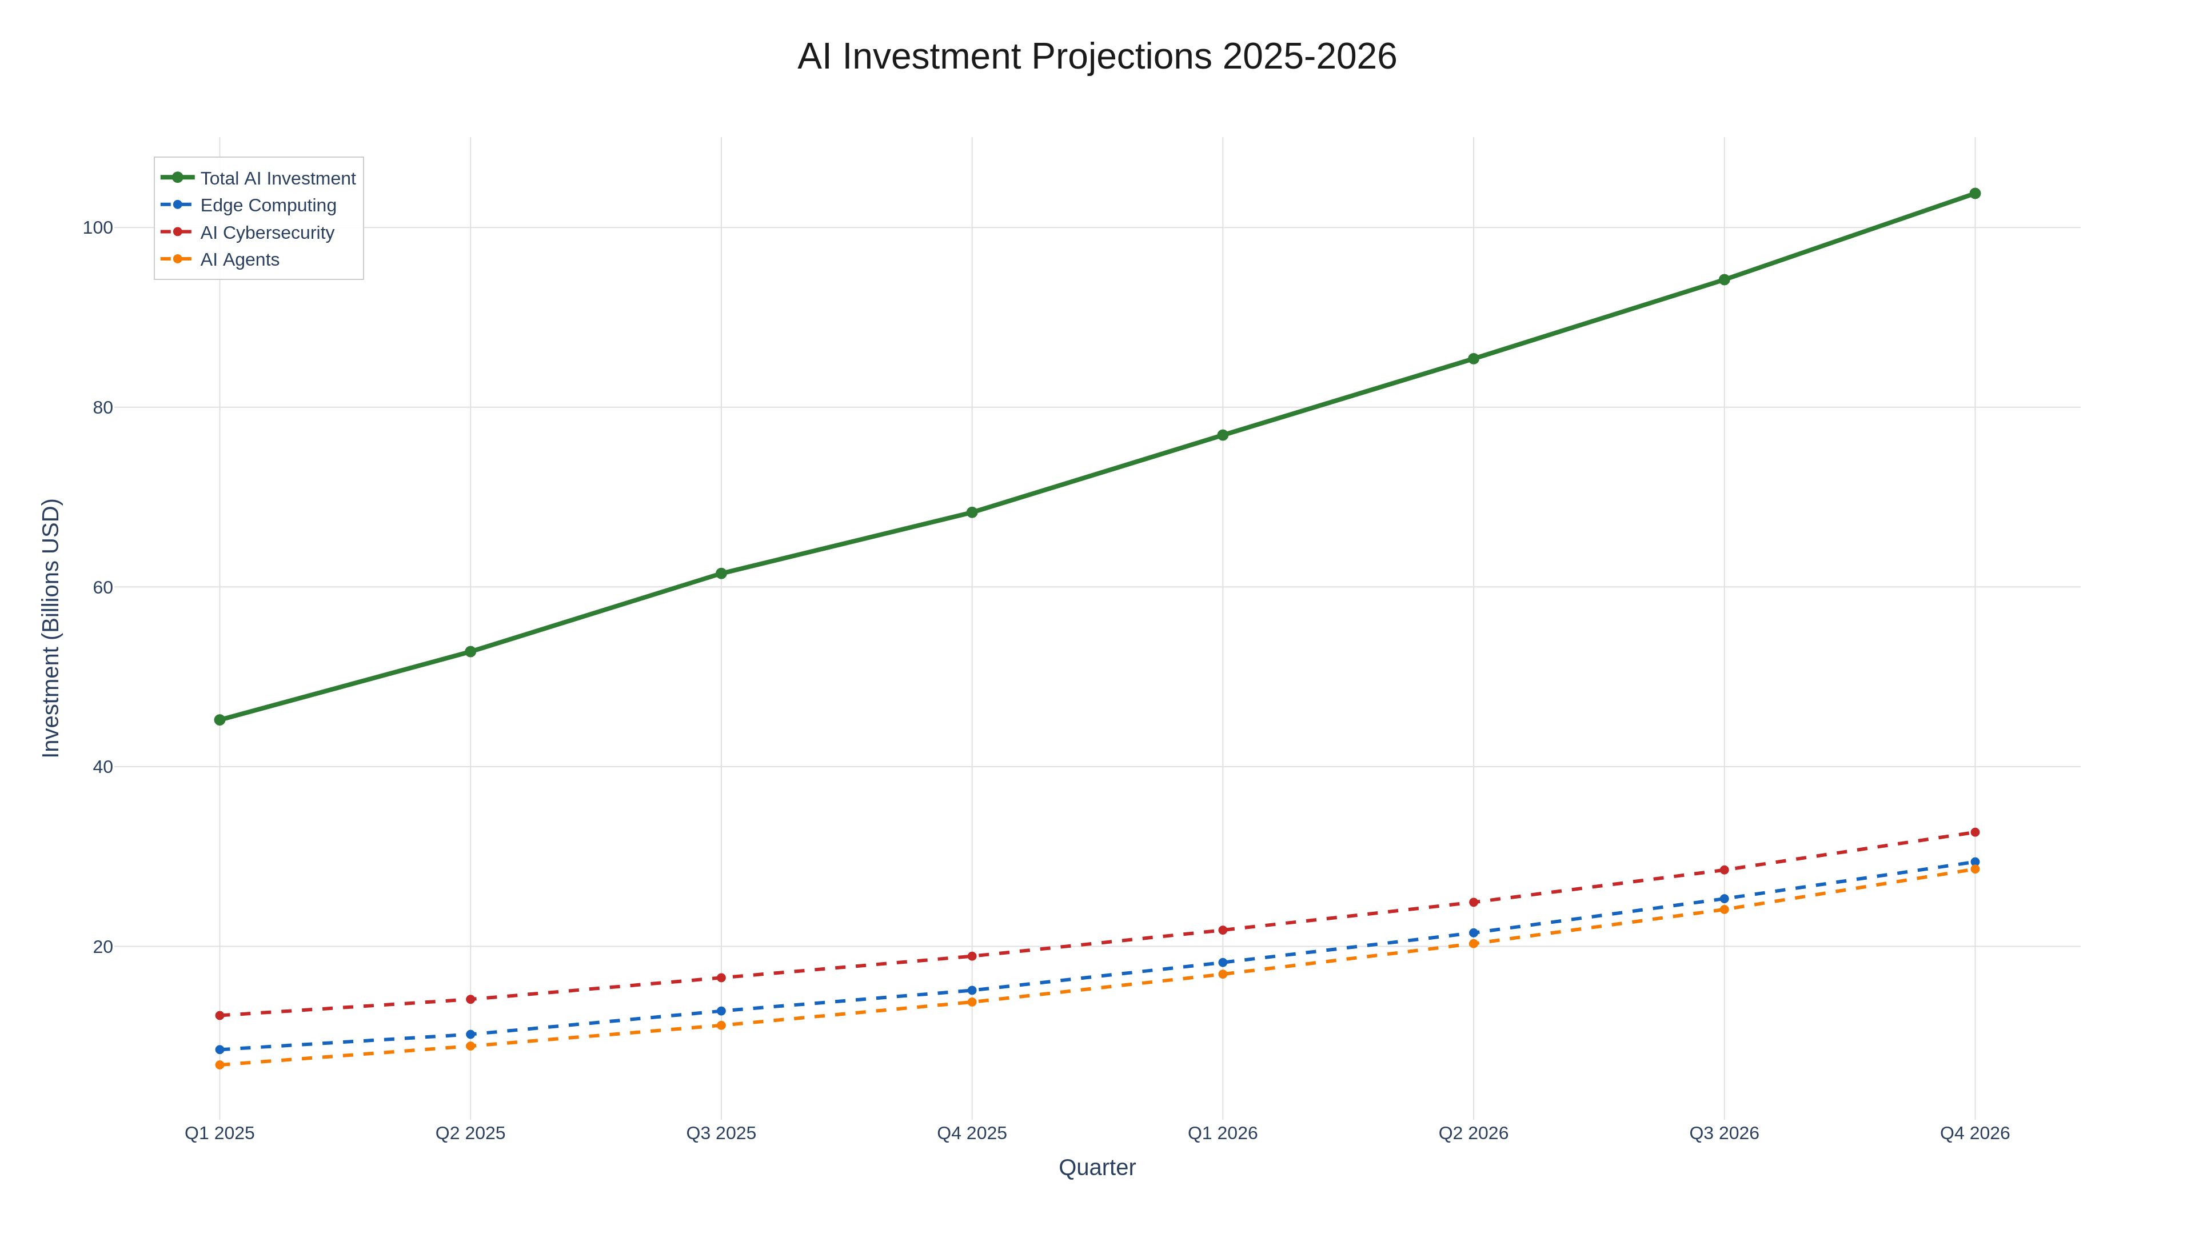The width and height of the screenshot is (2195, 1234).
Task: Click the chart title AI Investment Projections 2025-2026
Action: (1097, 57)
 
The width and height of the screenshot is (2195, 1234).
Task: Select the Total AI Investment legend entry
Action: (278, 178)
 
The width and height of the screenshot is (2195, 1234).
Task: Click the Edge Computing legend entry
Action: (268, 205)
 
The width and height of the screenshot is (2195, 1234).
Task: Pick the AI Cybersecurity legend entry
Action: (267, 233)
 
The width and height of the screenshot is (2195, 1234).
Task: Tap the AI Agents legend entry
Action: (240, 260)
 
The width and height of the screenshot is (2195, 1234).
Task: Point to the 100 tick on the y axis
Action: (97, 227)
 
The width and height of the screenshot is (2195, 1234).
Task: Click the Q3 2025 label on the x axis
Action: (721, 1133)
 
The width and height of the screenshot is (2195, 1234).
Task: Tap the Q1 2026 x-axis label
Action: (1222, 1133)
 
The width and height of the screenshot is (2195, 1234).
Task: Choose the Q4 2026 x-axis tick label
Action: (1974, 1133)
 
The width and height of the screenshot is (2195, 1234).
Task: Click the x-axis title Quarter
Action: (1097, 1168)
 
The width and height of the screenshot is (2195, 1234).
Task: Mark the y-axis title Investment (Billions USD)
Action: (51, 628)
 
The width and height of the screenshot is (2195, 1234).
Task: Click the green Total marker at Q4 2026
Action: (1974, 193)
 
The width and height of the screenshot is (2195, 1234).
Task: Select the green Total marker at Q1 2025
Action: (220, 720)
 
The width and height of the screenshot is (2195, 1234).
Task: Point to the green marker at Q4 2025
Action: (971, 512)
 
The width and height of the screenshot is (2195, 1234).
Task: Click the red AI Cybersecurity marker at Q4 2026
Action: (1974, 832)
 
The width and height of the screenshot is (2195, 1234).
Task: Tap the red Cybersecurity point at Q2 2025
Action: (470, 999)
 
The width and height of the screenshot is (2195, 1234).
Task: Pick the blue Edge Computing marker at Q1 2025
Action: (220, 1049)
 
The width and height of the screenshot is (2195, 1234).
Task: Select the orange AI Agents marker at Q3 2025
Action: (721, 1025)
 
